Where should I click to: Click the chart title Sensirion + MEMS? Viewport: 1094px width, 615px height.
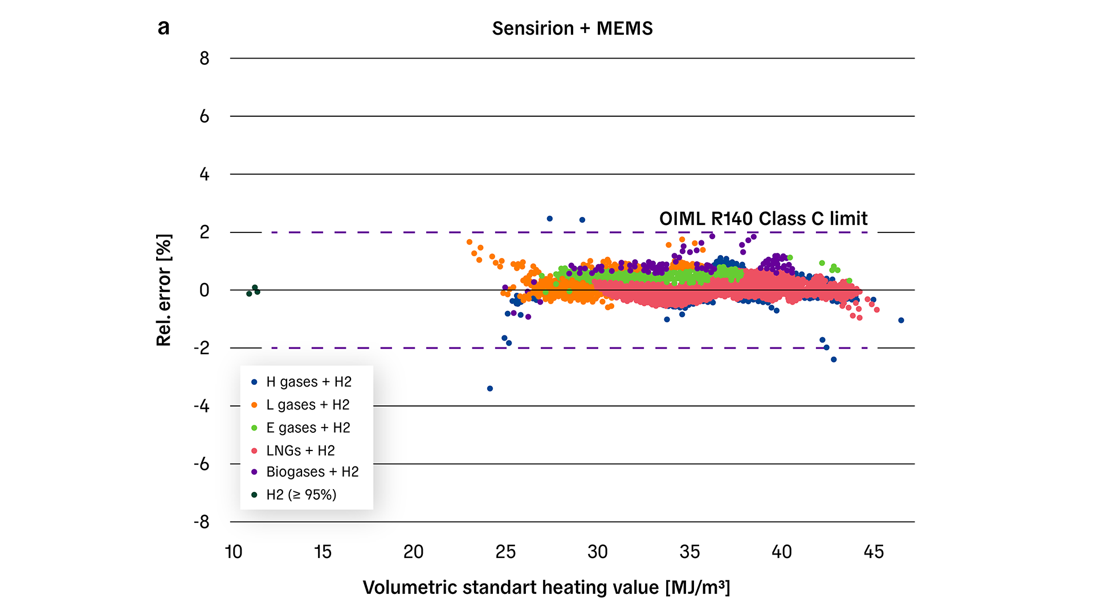click(572, 28)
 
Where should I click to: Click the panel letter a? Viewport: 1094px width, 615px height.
click(164, 27)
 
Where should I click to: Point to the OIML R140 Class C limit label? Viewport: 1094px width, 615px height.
click(763, 219)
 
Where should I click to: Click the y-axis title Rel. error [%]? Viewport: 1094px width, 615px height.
click(164, 290)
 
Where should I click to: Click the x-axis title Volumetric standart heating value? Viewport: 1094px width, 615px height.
click(546, 587)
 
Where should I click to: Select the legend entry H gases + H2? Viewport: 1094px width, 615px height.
click(308, 382)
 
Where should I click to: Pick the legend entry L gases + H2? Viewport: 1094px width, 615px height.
click(308, 405)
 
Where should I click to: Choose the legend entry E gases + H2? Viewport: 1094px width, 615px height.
click(308, 428)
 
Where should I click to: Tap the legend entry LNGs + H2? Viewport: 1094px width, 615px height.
click(300, 450)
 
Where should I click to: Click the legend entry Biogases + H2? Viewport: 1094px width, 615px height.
click(312, 472)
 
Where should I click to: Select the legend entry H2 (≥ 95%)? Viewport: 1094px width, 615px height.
click(301, 495)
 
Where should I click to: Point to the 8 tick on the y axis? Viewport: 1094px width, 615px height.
click(205, 58)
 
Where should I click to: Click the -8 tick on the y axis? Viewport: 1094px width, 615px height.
click(202, 522)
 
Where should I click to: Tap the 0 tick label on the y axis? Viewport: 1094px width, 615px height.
click(205, 290)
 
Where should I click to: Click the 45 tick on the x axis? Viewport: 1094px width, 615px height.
click(873, 552)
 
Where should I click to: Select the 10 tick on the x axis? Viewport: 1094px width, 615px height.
click(234, 552)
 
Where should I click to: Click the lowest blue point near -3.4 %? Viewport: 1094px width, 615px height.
click(490, 388)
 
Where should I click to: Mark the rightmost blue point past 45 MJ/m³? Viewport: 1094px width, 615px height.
click(901, 321)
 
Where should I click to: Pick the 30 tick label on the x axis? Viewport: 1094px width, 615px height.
click(597, 552)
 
